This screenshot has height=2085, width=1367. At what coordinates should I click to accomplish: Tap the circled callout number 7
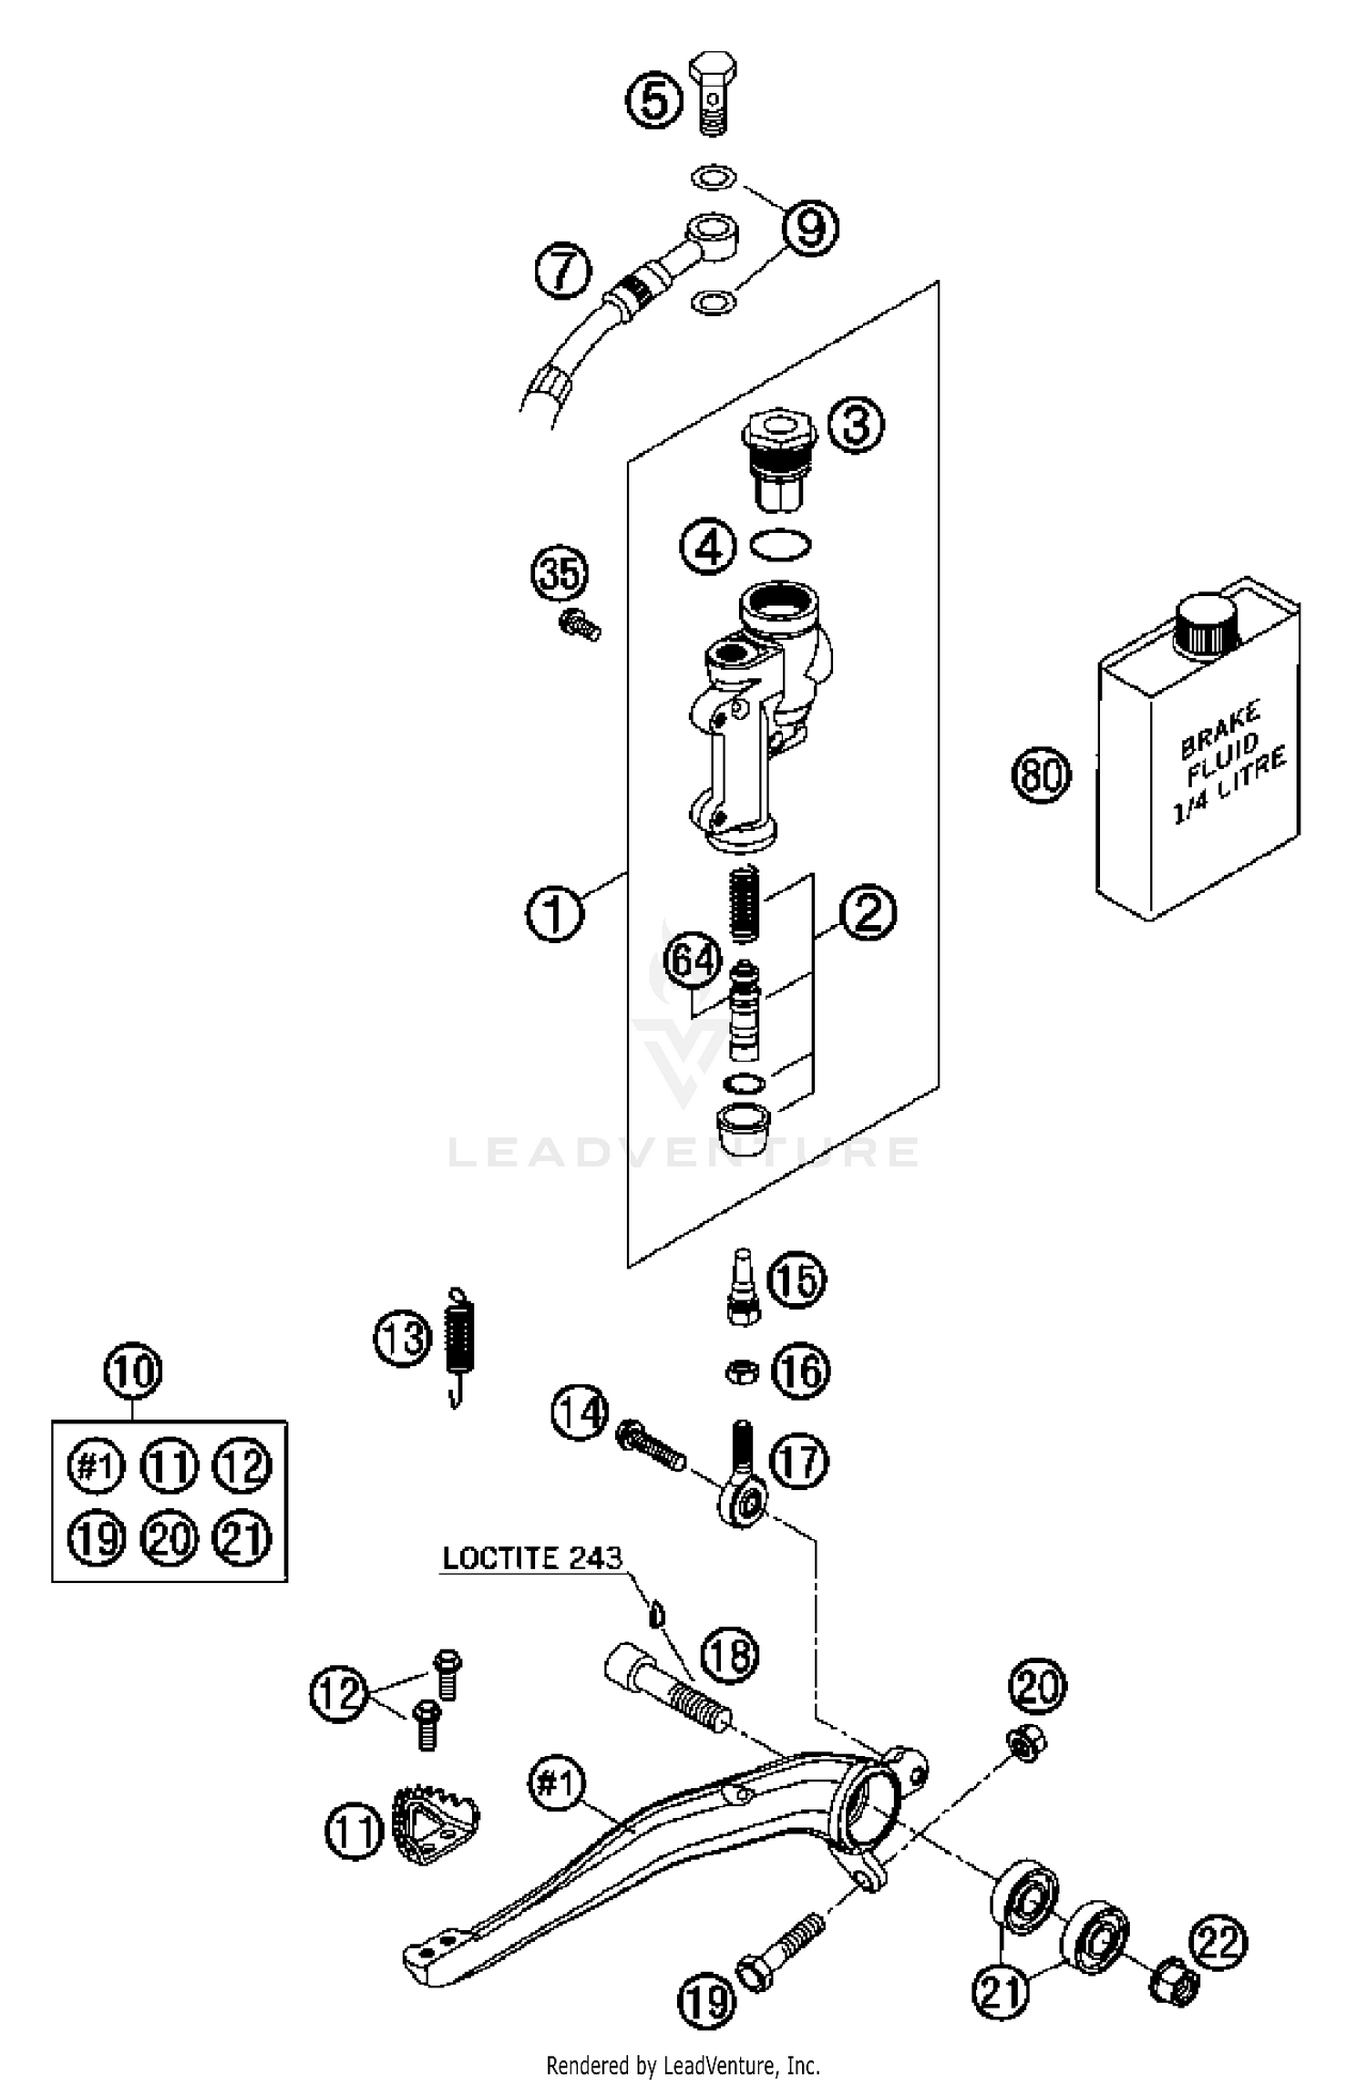pos(562,270)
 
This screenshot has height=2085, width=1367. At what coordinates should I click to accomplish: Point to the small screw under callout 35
pos(580,626)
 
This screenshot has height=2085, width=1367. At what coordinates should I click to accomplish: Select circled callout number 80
pos(1042,775)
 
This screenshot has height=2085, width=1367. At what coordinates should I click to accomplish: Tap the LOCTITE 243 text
pos(531,1557)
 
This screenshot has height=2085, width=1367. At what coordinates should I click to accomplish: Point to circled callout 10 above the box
pos(133,1371)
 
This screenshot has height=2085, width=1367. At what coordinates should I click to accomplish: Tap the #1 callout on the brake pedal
pos(557,1782)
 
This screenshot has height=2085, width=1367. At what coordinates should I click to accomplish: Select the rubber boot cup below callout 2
pos(743,1128)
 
